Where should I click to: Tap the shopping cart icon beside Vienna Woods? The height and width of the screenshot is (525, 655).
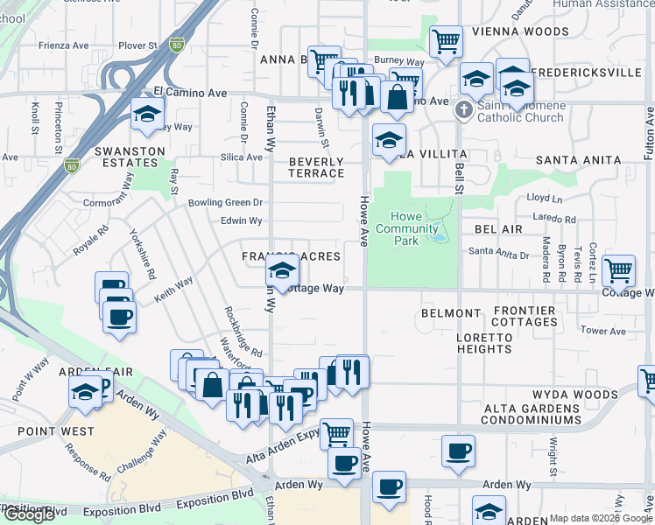click(x=446, y=40)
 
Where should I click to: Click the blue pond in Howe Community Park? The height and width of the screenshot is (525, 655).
click(x=437, y=234)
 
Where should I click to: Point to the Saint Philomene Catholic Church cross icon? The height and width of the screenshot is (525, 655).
click(x=463, y=110)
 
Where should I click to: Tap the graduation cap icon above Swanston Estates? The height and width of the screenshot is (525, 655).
click(x=147, y=114)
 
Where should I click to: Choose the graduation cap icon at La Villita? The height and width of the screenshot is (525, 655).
click(x=389, y=139)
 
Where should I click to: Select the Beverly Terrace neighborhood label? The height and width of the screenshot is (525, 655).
click(x=316, y=167)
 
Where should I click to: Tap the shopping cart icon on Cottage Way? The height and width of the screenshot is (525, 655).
click(x=618, y=271)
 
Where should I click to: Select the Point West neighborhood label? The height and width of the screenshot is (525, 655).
click(x=54, y=431)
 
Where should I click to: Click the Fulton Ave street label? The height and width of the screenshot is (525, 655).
click(x=648, y=132)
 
